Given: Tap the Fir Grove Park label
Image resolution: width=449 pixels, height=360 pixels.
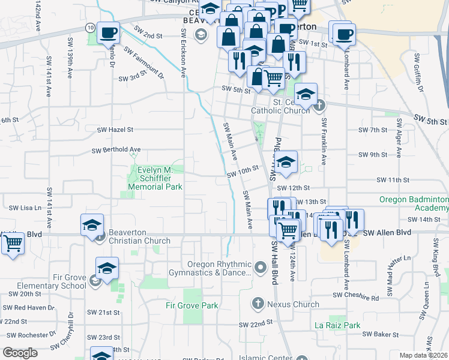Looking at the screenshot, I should point(192,305).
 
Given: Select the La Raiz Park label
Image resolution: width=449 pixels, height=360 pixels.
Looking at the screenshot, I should point(337,326).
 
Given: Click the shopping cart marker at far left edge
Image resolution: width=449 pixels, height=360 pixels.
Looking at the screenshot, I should point(12,244).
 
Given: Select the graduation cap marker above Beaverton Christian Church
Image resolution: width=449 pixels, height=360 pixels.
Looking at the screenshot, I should point(92,224).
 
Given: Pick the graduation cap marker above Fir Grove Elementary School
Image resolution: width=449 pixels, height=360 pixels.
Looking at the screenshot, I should point(107,268).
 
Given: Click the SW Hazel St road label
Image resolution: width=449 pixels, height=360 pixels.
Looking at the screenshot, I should point(115,129).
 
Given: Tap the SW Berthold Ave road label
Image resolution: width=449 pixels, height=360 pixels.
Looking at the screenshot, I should point(116,150).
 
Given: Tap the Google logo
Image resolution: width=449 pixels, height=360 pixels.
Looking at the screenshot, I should point(20,353).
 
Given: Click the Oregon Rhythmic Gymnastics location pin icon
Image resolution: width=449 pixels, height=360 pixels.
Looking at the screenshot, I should point(260,266).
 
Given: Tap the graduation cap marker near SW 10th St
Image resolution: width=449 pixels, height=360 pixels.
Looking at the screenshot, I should point(286,161).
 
